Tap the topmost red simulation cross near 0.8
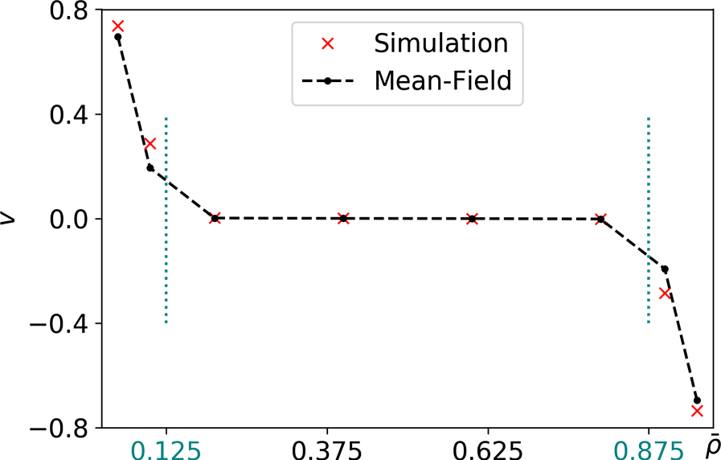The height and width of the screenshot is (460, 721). click(117, 27)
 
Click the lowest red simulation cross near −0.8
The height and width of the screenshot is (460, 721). click(697, 411)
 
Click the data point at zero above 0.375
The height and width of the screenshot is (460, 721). click(343, 218)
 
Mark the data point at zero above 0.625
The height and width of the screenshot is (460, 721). click(472, 218)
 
